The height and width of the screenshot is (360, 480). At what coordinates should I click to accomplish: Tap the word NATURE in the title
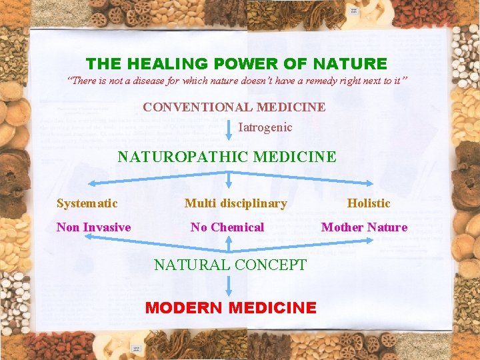(x=353, y=64)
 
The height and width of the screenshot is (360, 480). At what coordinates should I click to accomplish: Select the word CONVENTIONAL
(x=198, y=107)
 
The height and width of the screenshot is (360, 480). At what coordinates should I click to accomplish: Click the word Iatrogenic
(x=265, y=127)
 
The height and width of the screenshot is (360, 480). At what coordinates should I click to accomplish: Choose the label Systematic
(x=87, y=203)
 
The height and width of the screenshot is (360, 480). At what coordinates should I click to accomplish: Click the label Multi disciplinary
(x=235, y=203)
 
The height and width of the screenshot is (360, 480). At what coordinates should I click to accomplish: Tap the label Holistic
(x=369, y=203)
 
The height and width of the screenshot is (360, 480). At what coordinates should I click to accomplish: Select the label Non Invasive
(x=93, y=227)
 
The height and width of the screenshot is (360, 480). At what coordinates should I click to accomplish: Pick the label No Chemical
(x=227, y=227)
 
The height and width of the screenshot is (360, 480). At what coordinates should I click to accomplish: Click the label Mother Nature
(x=364, y=227)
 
